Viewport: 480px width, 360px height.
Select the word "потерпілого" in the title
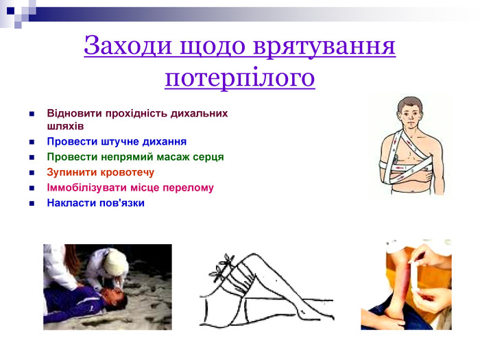(240, 77)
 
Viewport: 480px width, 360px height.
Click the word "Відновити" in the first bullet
(73, 113)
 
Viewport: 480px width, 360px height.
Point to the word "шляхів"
(65, 126)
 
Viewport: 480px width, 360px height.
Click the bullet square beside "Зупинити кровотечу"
(32, 173)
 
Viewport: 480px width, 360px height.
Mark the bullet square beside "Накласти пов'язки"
(32, 204)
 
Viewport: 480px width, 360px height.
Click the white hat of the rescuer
(116, 261)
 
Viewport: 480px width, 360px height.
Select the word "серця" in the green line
(208, 157)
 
